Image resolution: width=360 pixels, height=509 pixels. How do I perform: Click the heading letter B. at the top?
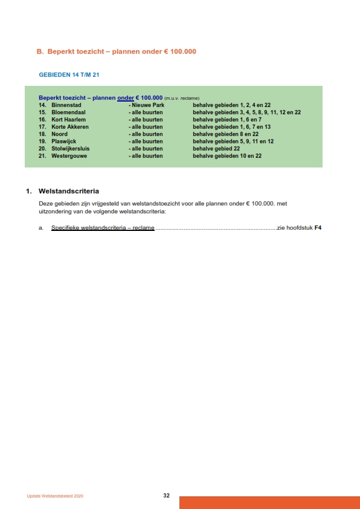(40, 52)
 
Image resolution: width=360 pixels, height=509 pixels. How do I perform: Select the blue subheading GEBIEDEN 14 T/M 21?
(69, 74)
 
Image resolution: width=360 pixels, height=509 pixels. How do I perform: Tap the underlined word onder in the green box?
(125, 97)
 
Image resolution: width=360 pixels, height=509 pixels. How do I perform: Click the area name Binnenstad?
(66, 105)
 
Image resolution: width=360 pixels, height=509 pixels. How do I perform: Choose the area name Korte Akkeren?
(70, 127)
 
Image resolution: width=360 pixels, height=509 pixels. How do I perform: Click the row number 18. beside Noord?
(42, 134)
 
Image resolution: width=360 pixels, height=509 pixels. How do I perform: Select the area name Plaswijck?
(64, 141)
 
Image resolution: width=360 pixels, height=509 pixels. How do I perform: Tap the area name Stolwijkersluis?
(72, 149)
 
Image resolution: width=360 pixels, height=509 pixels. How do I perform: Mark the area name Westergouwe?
(69, 156)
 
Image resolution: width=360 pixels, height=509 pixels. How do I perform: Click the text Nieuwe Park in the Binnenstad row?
(148, 105)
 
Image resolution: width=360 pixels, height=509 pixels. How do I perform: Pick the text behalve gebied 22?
(216, 149)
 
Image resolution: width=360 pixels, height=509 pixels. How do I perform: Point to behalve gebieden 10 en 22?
(227, 156)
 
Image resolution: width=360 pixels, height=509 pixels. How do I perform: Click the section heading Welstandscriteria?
(68, 191)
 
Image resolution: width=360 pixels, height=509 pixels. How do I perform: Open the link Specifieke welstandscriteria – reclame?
(103, 228)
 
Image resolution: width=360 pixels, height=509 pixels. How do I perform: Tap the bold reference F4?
(318, 228)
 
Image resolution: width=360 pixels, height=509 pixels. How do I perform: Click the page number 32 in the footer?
(166, 496)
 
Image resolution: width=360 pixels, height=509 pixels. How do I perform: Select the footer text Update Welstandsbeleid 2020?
(55, 496)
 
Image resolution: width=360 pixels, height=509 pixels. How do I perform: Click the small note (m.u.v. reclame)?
(182, 98)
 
